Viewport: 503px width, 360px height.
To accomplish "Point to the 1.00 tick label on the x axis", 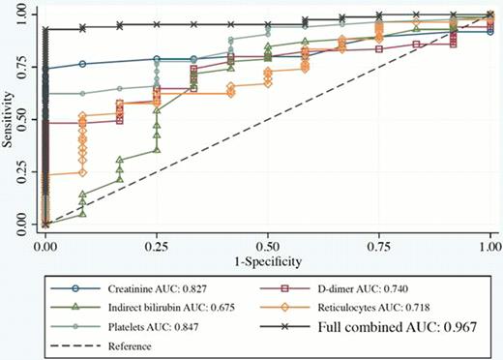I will point(488,243).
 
